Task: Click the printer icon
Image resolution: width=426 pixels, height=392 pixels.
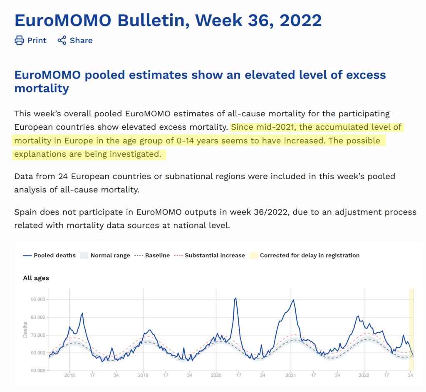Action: tap(19, 40)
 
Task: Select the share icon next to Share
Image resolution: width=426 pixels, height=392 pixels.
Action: tap(62, 40)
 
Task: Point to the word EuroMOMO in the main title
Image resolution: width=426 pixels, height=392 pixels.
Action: tap(63, 20)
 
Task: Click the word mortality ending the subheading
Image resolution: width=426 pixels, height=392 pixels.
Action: tap(42, 89)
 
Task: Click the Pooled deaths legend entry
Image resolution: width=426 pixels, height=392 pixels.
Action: tap(50, 256)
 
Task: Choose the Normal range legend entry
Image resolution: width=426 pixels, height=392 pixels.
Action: tap(105, 256)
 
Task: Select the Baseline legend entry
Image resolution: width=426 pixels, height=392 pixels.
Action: tap(152, 256)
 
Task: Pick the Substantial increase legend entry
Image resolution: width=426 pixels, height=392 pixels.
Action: tap(210, 256)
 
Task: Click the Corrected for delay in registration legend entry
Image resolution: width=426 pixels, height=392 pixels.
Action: tap(305, 256)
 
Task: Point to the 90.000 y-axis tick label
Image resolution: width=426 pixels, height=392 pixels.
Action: tap(38, 299)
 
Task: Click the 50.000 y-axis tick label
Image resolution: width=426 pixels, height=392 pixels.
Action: tap(38, 370)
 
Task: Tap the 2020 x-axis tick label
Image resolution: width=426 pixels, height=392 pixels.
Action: tap(216, 375)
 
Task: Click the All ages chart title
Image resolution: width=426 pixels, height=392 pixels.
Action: tap(36, 278)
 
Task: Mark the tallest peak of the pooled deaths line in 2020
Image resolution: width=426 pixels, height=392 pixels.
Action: tap(235, 298)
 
